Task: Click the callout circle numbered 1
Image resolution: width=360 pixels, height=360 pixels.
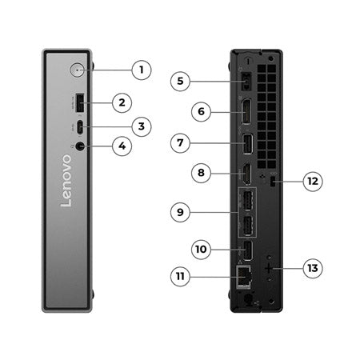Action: [x=141, y=70]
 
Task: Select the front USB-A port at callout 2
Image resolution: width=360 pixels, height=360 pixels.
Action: [x=82, y=102]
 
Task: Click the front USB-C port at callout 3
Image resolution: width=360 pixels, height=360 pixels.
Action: [x=82, y=126]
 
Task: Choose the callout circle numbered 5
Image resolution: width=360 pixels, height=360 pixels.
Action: [x=181, y=81]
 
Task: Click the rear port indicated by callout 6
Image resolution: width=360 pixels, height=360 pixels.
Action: [x=247, y=113]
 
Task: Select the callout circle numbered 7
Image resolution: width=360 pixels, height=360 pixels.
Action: [x=181, y=144]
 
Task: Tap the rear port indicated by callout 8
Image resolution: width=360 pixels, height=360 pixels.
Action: [x=247, y=173]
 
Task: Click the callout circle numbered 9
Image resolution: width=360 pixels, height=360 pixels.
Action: [x=181, y=212]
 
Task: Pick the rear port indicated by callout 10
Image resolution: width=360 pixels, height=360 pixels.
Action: [x=247, y=250]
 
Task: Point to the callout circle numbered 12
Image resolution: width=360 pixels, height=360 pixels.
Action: [x=312, y=182]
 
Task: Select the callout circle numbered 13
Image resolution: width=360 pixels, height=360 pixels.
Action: [x=312, y=268]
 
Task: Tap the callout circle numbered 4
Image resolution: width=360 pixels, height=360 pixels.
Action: [x=122, y=147]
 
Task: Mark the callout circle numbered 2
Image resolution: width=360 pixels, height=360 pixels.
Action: [x=122, y=102]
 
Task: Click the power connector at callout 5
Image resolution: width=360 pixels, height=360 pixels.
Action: [x=246, y=82]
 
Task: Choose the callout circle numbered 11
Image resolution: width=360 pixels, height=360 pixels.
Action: [x=181, y=276]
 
